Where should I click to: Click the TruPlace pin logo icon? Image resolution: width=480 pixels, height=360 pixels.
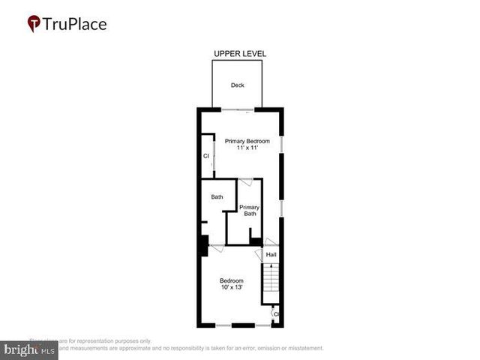point(34,23)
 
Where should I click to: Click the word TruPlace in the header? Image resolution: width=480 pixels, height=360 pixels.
point(75,24)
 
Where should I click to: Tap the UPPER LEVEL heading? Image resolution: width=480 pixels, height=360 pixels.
point(240,54)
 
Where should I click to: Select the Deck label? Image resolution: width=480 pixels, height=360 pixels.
point(237,85)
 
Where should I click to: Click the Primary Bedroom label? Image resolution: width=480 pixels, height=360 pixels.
point(247,141)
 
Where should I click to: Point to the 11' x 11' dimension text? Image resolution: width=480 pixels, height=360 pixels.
point(247,148)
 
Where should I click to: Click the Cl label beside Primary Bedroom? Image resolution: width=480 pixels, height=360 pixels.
point(206,156)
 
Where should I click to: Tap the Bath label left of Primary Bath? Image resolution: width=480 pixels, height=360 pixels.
point(217,197)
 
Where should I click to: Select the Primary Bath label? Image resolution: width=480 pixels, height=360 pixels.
point(250,211)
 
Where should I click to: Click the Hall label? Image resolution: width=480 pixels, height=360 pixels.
point(271,255)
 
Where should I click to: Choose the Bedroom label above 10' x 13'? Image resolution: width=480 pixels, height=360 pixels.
point(232,280)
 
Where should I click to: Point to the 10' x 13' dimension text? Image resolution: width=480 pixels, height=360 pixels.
point(232,288)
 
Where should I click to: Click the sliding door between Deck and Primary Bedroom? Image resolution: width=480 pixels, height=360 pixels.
point(237,110)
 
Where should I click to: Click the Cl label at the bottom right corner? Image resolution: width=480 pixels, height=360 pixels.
point(276,314)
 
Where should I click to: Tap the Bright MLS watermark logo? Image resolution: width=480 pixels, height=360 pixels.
point(30,349)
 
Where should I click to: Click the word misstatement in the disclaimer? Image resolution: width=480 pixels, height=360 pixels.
point(300,348)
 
